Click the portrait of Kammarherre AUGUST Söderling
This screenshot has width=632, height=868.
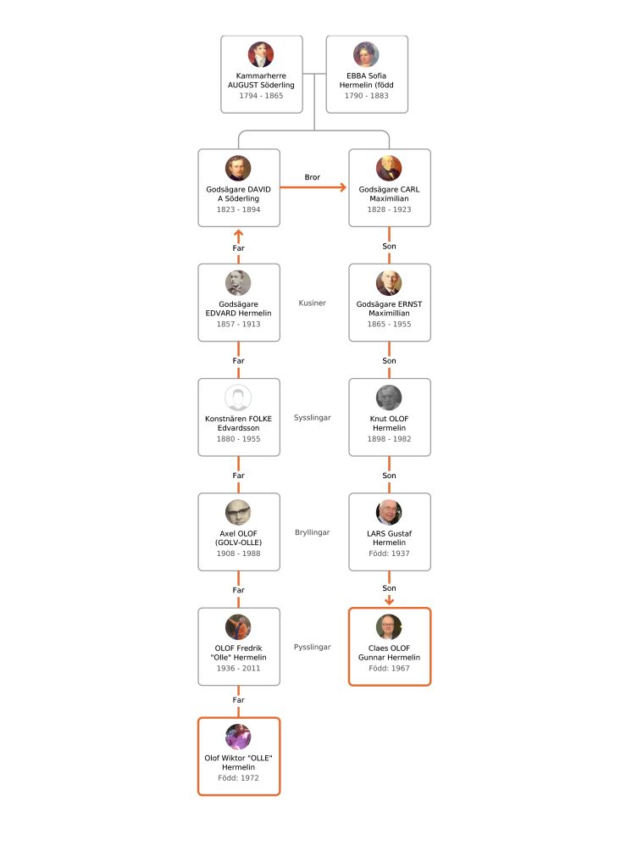(x=261, y=54)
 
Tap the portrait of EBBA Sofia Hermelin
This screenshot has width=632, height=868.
(x=366, y=54)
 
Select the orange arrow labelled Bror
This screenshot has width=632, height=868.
(x=313, y=187)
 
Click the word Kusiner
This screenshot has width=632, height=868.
(x=312, y=303)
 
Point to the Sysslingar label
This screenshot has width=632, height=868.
(x=312, y=417)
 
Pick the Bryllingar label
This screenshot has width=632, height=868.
(x=312, y=532)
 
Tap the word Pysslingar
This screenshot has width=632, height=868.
(x=312, y=647)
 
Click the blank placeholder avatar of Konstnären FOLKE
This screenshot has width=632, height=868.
(x=238, y=398)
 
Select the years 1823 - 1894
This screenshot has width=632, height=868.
(x=239, y=209)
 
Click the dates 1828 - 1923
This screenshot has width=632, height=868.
(x=389, y=209)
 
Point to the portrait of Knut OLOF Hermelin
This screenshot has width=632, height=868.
(x=389, y=398)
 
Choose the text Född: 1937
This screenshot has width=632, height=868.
(x=389, y=553)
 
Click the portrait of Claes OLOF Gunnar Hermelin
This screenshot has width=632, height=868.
(x=389, y=626)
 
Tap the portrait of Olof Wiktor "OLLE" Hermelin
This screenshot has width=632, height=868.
(x=238, y=737)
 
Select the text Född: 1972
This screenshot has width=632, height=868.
(x=239, y=778)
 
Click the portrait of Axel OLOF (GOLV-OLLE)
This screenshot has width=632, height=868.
(x=238, y=512)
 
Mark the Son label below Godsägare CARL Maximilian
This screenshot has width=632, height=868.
(x=389, y=246)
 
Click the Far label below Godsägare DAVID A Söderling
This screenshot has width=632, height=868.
(x=239, y=248)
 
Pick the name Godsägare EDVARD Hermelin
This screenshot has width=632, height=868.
(x=239, y=309)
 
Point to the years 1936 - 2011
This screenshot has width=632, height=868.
(x=239, y=668)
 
